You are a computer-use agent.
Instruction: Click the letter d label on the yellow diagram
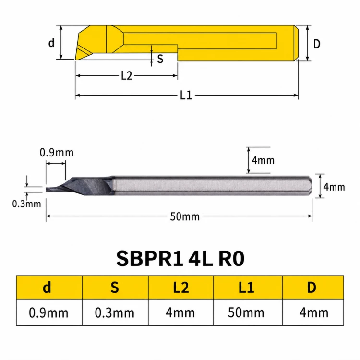pyautogui.click(x=51, y=43)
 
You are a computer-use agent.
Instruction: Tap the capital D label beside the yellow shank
pyautogui.click(x=317, y=44)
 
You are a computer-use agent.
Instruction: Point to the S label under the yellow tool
pyautogui.click(x=160, y=59)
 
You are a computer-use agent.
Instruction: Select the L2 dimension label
pyautogui.click(x=127, y=75)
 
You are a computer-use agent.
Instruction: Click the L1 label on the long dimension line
pyautogui.click(x=186, y=95)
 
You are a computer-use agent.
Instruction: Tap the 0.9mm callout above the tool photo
pyautogui.click(x=57, y=153)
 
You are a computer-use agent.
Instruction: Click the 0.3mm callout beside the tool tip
pyautogui.click(x=26, y=204)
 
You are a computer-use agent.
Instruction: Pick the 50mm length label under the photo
pyautogui.click(x=185, y=216)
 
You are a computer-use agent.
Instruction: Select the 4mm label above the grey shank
pyautogui.click(x=263, y=160)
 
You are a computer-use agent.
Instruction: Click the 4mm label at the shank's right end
pyautogui.click(x=334, y=187)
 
